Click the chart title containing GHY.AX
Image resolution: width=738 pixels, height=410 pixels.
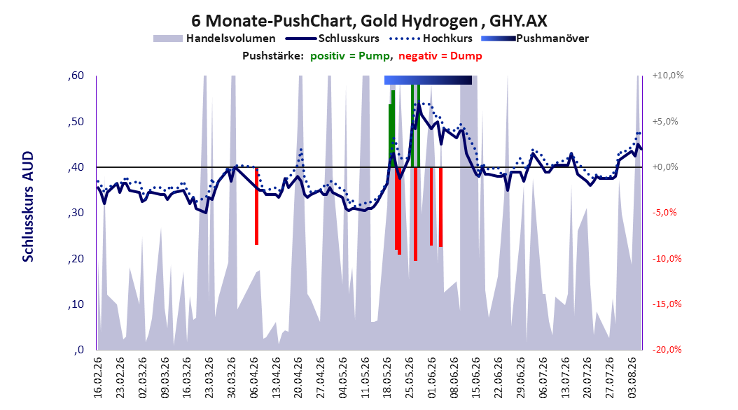[369, 21]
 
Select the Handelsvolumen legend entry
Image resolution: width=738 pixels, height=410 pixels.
[215, 38]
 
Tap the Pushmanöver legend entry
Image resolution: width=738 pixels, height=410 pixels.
[535, 38]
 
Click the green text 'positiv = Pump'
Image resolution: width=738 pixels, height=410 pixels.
[350, 56]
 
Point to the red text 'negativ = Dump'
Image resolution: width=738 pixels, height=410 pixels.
[440, 56]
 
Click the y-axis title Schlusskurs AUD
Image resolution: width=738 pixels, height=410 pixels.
[28, 206]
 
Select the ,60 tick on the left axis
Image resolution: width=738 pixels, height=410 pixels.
[76, 76]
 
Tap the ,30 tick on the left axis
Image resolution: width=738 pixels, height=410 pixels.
[76, 213]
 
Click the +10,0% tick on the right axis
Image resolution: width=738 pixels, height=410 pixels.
[668, 76]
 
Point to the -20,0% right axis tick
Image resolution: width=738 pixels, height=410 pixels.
[667, 350]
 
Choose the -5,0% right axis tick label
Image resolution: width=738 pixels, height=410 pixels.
[664, 213]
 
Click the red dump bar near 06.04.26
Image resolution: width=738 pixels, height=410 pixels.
[256, 206]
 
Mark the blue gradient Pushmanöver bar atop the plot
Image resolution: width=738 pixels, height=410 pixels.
[428, 80]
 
